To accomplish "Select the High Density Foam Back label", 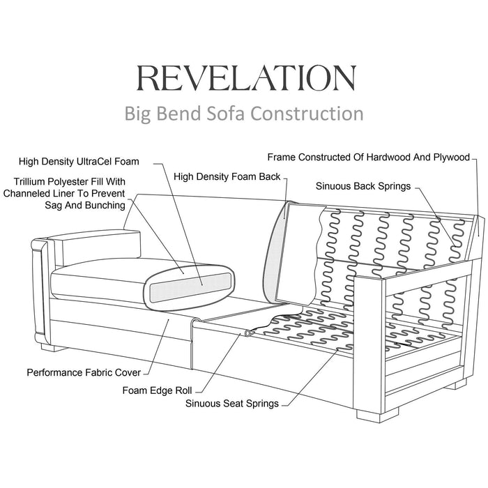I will (x=227, y=177).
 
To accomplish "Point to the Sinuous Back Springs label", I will (x=363, y=186).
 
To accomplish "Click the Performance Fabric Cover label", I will (x=84, y=372).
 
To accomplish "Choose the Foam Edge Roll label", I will (x=158, y=390).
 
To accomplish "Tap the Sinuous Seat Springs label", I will (x=231, y=402).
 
